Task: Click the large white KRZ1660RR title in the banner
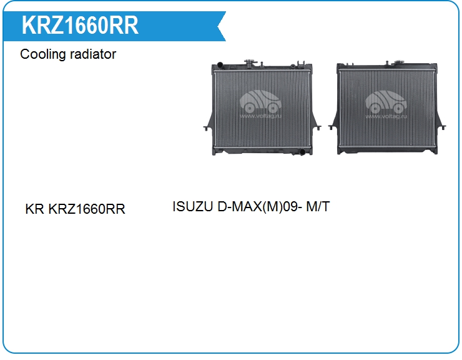click(x=80, y=26)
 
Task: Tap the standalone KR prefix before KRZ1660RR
click(x=34, y=209)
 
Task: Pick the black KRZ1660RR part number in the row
click(x=87, y=209)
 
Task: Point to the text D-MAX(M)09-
click(x=260, y=206)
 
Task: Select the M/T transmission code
click(x=318, y=206)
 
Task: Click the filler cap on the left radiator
click(x=250, y=62)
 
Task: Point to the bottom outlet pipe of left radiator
click(x=302, y=152)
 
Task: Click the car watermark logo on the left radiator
click(x=260, y=101)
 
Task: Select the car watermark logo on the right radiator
click(x=386, y=102)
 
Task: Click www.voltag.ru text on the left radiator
click(x=260, y=116)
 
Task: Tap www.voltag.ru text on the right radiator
click(x=386, y=116)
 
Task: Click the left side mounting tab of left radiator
click(x=208, y=124)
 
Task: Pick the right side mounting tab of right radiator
click(x=441, y=124)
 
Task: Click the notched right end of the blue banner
click(x=222, y=26)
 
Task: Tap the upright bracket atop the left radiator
click(x=300, y=64)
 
